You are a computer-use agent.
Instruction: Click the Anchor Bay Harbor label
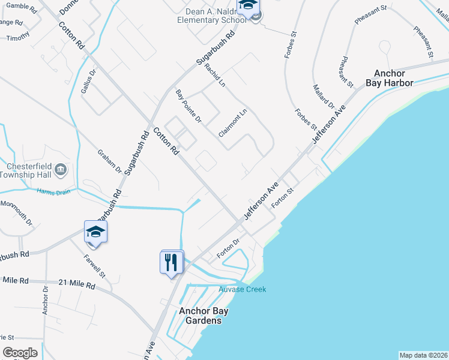pos(394,78)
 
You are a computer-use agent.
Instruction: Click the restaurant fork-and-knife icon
pos(171,262)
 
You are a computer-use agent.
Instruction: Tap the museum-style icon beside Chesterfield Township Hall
pos(61,170)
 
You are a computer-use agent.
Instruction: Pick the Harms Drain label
pos(50,192)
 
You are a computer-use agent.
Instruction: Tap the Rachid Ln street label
pos(214,75)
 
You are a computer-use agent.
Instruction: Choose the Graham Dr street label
pos(110,161)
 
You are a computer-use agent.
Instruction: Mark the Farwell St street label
pos(95,265)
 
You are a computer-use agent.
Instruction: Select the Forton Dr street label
pos(228,248)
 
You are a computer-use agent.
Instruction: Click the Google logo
pos(20,353)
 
